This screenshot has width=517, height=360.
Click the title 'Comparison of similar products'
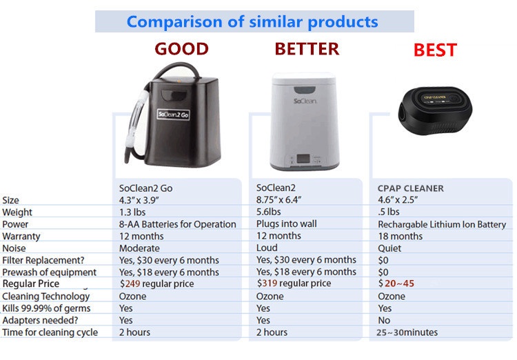click(x=253, y=21)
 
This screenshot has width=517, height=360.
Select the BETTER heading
click(x=307, y=49)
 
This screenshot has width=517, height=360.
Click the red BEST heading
click(x=435, y=51)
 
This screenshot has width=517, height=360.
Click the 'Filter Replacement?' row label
click(x=43, y=260)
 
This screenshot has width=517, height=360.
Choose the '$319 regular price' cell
click(x=294, y=283)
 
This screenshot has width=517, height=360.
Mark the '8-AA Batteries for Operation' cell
click(x=177, y=224)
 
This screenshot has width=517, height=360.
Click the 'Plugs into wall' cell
click(x=287, y=224)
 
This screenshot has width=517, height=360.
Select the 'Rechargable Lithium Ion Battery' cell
click(x=441, y=224)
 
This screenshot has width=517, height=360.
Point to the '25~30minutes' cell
click(x=407, y=332)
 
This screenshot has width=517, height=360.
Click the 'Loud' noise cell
click(x=267, y=248)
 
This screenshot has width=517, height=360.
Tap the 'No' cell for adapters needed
click(x=384, y=320)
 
